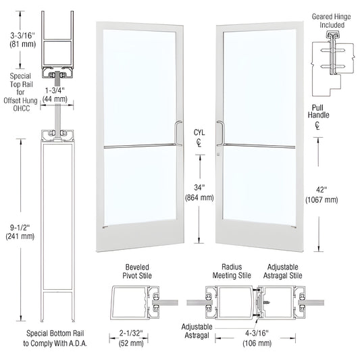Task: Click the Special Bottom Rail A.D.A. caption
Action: (x=57, y=338)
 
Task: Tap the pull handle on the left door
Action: (x=178, y=133)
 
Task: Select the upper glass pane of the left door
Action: (x=140, y=84)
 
